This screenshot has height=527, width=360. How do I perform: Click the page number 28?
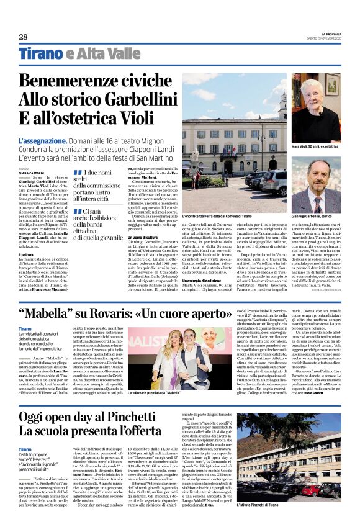[x=24, y=37]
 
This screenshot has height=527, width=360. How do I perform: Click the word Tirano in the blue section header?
[x=41, y=54]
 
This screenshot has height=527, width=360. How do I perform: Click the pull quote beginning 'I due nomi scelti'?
[x=97, y=186]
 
